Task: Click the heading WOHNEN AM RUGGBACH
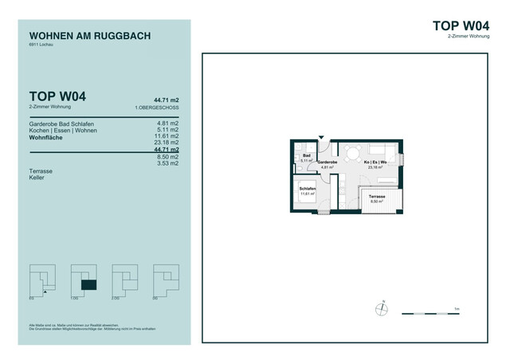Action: [89, 36]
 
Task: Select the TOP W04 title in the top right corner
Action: [459, 25]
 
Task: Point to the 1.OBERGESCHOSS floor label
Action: [157, 107]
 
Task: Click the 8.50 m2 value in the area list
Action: [168, 157]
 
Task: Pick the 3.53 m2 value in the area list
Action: [168, 164]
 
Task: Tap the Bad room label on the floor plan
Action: [306, 156]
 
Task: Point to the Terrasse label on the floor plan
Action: [376, 197]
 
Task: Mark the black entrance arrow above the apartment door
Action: [323, 137]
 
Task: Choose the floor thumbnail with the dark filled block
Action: [84, 278]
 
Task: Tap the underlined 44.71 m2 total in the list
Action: [167, 149]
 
